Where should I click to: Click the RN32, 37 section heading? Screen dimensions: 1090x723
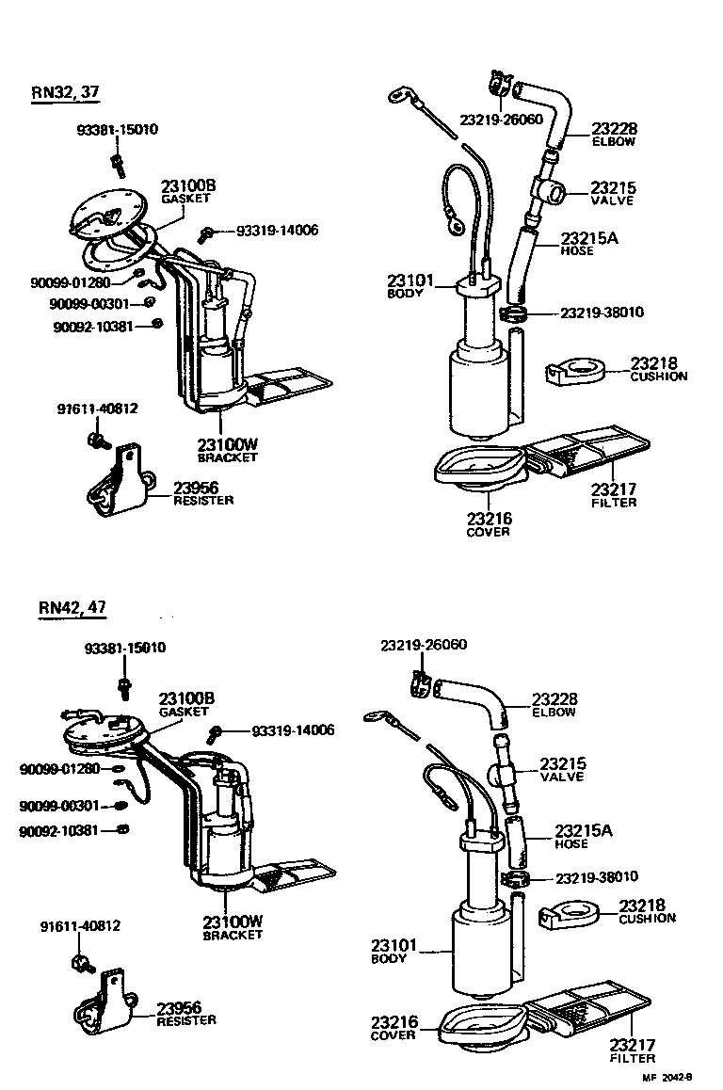[x=65, y=92]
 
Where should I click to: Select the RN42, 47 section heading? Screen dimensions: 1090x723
[x=72, y=607]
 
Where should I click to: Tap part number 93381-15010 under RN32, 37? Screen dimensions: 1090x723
[x=117, y=130]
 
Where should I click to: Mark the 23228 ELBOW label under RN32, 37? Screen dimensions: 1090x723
[x=613, y=134]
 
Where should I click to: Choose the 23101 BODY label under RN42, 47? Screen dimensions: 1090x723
[x=389, y=952]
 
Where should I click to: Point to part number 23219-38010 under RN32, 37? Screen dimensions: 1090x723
[x=602, y=313]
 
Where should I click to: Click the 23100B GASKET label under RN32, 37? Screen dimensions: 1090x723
[x=187, y=192]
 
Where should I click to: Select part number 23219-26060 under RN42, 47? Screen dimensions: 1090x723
[x=424, y=645]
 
